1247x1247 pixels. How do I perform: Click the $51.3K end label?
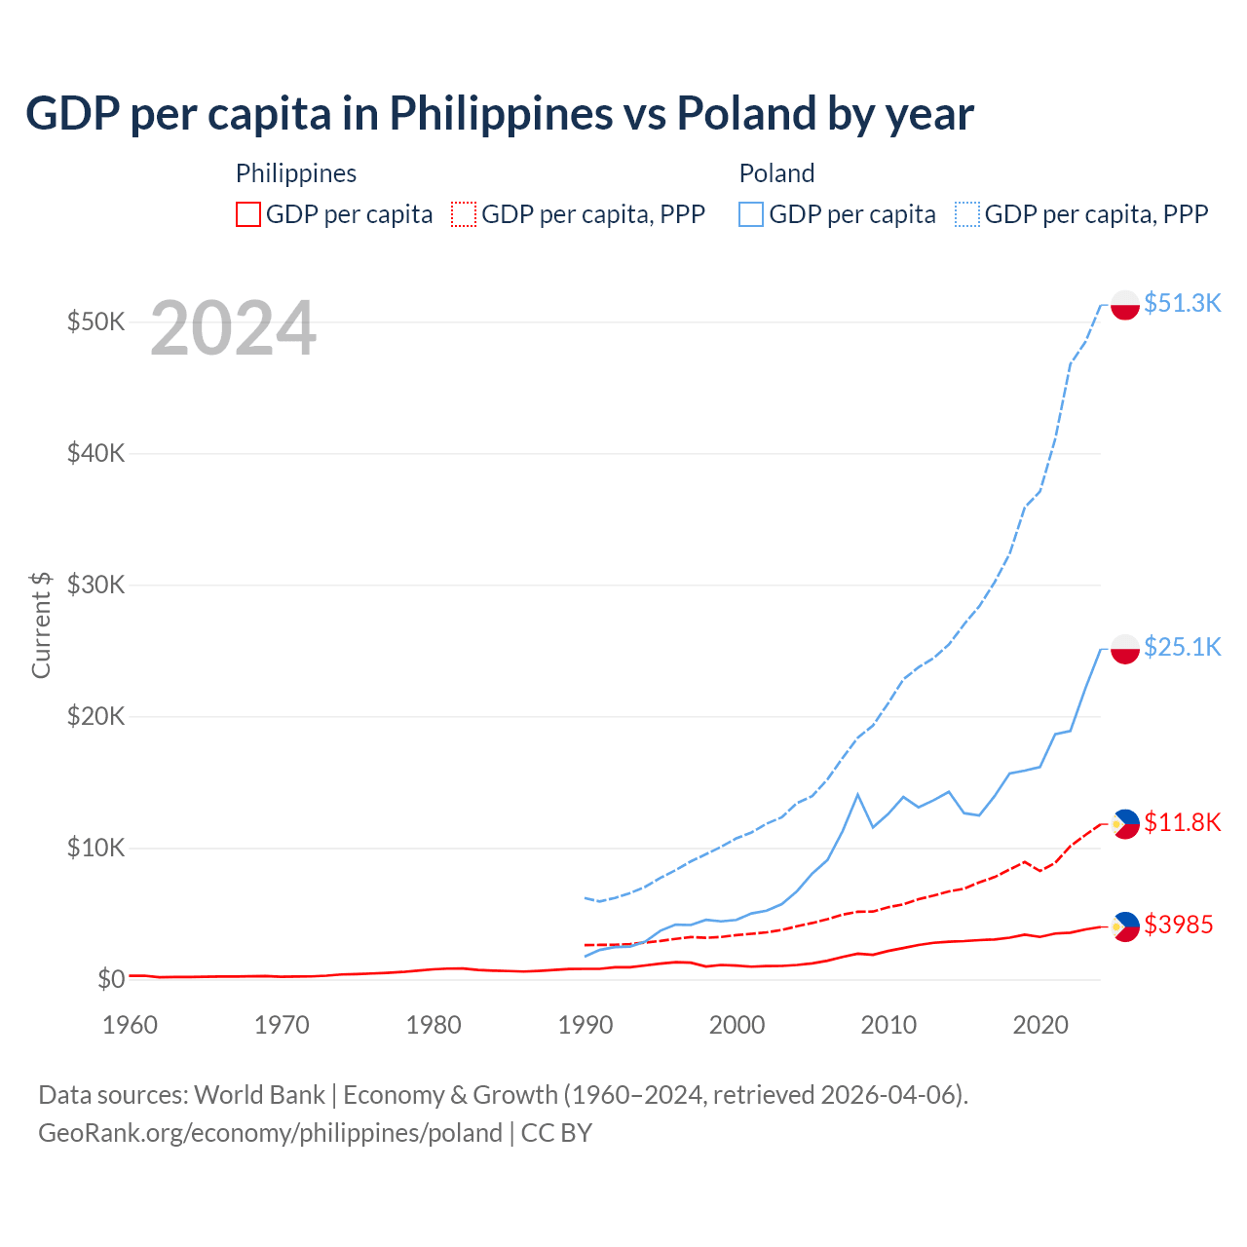coord(1182,303)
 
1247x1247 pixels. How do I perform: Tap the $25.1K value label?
coord(1182,647)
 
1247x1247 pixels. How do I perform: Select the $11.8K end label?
coord(1182,822)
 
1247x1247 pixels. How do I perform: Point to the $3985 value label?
coord(1178,925)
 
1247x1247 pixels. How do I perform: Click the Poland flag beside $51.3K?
coord(1125,304)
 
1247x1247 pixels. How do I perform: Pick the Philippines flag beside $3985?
coord(1125,926)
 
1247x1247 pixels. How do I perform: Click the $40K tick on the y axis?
coord(95,453)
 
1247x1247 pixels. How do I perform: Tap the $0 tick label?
coord(111,979)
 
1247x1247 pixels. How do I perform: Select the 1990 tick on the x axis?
coord(586,1025)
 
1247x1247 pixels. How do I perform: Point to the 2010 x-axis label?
coord(888,1025)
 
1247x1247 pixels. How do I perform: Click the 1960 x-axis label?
coord(131,1025)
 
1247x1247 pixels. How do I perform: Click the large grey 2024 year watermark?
coord(233,329)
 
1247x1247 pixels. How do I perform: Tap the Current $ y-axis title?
coord(41,624)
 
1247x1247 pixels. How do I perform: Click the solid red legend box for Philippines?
coord(248,214)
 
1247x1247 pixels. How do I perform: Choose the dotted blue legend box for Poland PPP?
coord(967,214)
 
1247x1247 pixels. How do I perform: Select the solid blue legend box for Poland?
coord(751,214)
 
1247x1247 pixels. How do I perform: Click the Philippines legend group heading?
coord(296,173)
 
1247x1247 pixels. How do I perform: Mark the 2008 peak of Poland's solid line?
coord(857,795)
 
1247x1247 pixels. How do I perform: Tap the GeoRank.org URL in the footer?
coord(270,1133)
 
